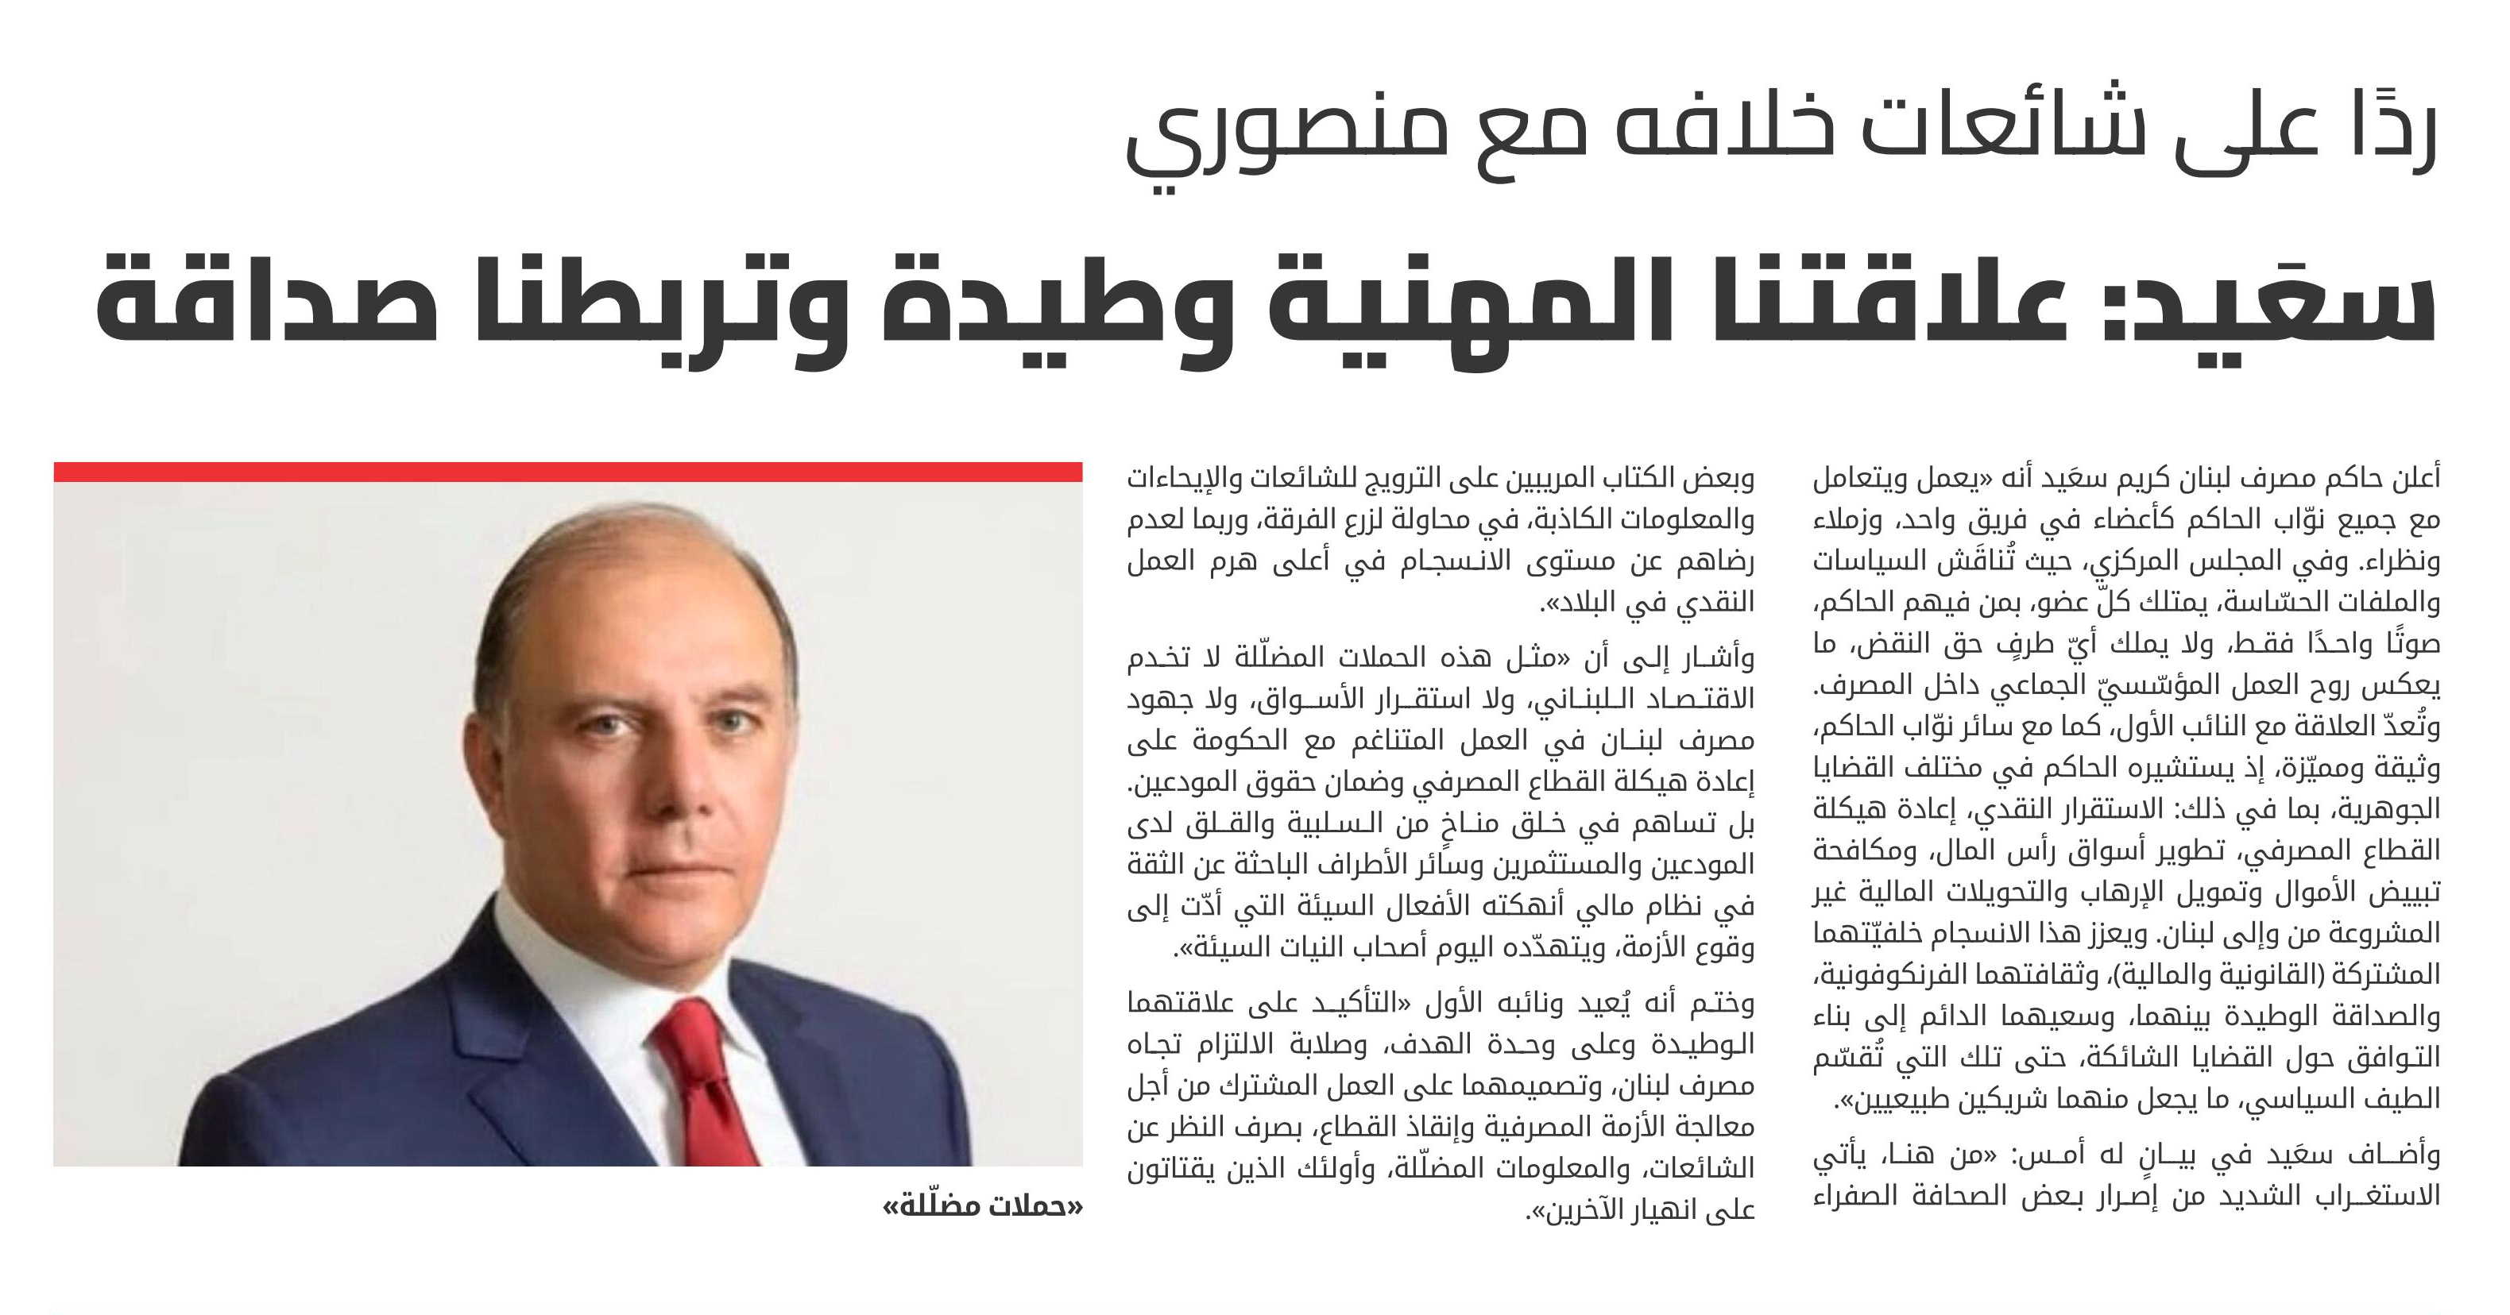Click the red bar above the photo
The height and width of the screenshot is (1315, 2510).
click(x=568, y=472)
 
